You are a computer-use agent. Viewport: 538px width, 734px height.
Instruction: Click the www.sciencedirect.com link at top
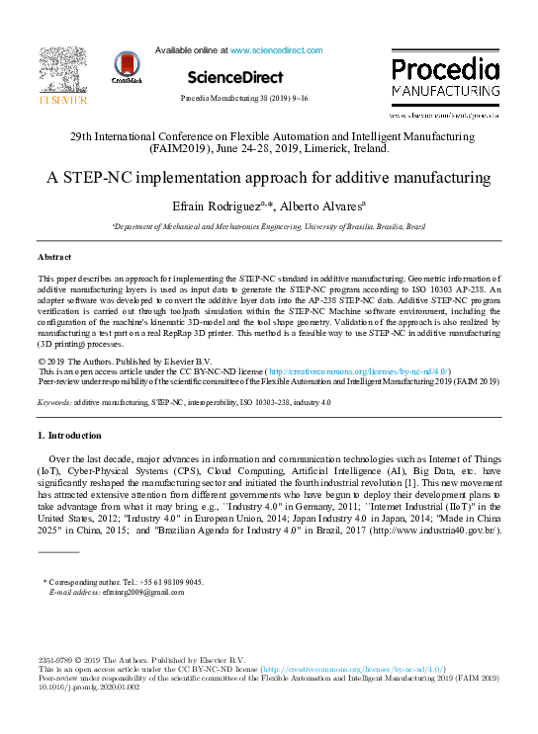tap(276, 49)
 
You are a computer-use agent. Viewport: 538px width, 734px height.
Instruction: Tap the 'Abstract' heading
tap(55, 257)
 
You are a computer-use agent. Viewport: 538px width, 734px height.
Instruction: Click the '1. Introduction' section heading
tap(69, 435)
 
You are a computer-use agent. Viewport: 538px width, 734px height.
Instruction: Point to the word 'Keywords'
tap(53, 403)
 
